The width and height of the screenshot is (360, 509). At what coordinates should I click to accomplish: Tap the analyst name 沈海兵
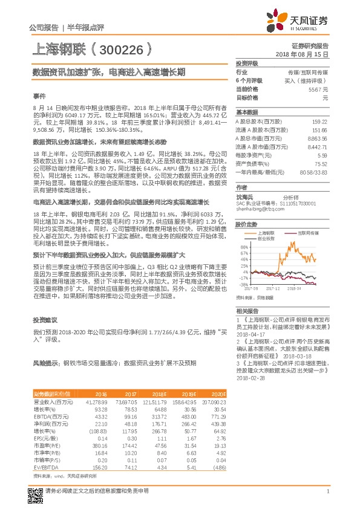pyautogui.click(x=245, y=197)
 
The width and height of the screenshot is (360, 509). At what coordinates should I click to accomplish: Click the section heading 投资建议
pyautogui.click(x=44, y=320)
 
